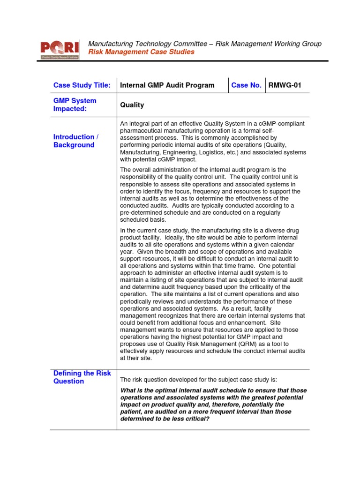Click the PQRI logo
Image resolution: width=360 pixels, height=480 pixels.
pos(60,48)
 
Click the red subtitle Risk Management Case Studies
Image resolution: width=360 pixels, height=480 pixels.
pos(141,52)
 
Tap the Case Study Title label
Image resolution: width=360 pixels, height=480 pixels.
pos(82,85)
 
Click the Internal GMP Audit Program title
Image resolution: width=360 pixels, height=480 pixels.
pos(167,85)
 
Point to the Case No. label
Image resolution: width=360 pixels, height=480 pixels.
pos(246,85)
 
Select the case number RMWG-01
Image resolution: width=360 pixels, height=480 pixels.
pos(285,85)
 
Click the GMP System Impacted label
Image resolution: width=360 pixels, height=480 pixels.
pos(75,105)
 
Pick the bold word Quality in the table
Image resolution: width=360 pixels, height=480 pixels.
pos(132,105)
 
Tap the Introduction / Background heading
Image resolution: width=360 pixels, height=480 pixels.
pos(76,141)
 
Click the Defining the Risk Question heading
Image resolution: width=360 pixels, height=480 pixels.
pos(82,377)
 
